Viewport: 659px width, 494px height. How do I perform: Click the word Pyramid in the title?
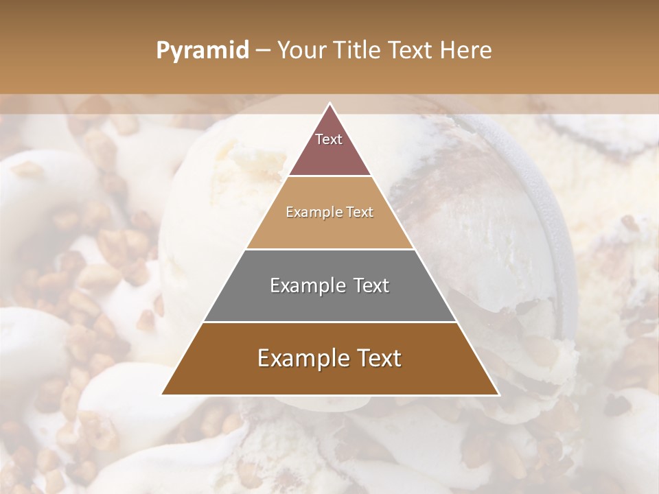click(x=202, y=51)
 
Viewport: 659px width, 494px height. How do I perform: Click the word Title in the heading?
click(x=358, y=51)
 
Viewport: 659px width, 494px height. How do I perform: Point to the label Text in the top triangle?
click(x=329, y=139)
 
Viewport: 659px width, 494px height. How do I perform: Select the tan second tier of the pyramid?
click(x=329, y=230)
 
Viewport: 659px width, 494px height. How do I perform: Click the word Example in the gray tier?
click(x=304, y=285)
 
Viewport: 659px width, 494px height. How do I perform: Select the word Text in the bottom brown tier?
click(x=378, y=358)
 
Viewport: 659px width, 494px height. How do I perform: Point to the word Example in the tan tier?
click(x=312, y=213)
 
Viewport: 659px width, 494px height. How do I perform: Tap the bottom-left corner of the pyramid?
click(x=163, y=394)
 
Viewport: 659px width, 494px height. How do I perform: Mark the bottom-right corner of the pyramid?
click(x=498, y=394)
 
